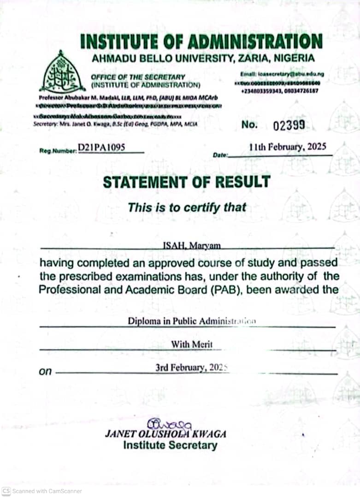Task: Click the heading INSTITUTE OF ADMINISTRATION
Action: [201, 41]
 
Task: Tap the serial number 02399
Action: [288, 125]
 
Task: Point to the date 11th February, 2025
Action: [288, 147]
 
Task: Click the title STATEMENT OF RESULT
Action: [186, 182]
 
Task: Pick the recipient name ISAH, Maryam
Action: [192, 246]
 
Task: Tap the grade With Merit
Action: [192, 344]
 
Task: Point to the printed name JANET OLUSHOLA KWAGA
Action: [166, 434]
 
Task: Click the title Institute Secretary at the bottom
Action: [170, 445]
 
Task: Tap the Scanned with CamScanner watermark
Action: [42, 491]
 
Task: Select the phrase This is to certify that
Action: [187, 207]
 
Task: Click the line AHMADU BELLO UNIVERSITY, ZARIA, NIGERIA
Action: [203, 59]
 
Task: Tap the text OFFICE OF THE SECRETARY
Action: [138, 77]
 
